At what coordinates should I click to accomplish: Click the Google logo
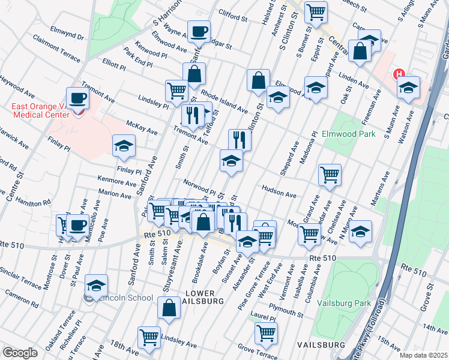[20, 353]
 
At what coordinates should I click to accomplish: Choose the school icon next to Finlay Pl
[124, 145]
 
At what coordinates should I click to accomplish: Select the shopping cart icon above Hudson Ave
[330, 175]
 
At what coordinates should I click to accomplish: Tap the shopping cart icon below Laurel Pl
[266, 333]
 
